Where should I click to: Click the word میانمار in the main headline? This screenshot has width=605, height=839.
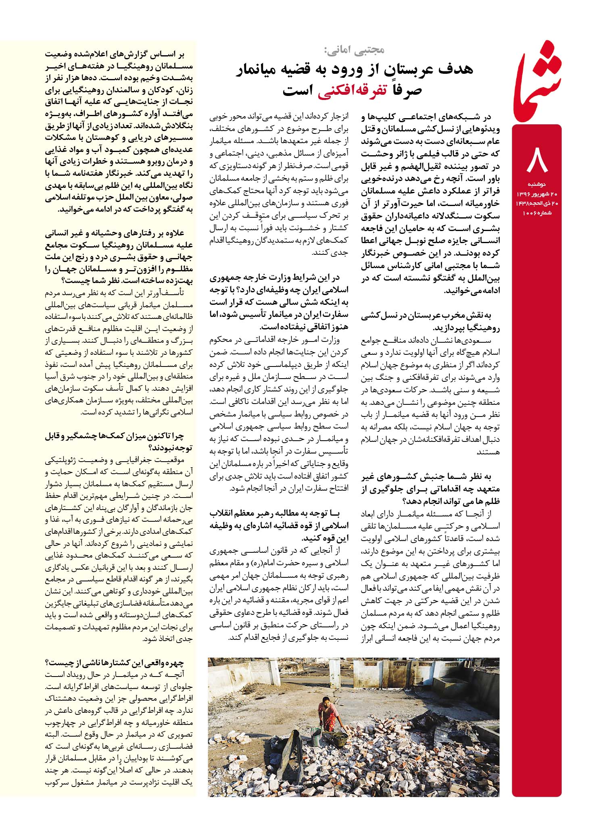point(259,69)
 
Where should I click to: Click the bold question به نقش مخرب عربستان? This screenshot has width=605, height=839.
point(430,322)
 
